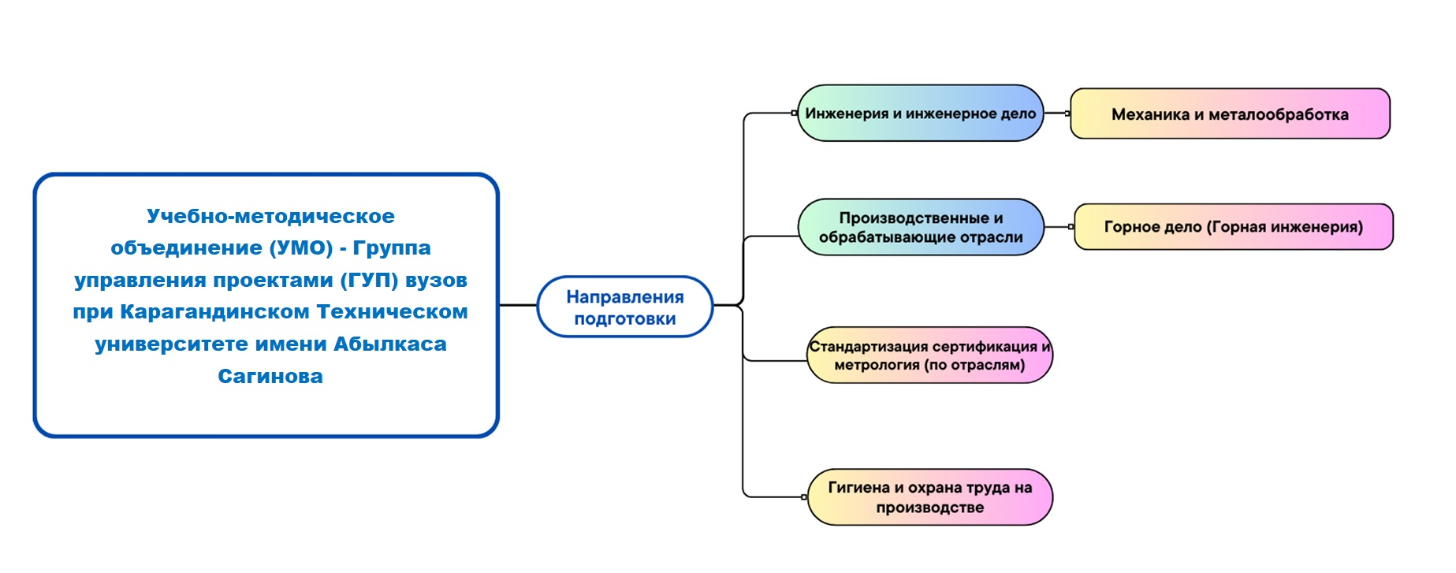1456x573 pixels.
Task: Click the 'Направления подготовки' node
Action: coord(625,307)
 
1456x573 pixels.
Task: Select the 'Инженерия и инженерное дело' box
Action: coord(920,113)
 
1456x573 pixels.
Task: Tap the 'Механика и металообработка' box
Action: coord(1230,114)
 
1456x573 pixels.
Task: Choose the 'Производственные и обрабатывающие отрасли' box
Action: coord(921,227)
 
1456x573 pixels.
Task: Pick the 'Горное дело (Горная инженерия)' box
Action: coord(1234,227)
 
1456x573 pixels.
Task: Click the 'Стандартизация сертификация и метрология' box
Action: coord(929,355)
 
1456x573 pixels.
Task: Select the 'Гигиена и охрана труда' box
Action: coord(930,497)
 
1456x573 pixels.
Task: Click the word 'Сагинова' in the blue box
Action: coord(270,377)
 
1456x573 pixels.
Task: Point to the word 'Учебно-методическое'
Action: coord(270,217)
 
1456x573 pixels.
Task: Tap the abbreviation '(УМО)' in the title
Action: coord(301,248)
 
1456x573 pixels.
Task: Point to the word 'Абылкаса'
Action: coord(390,344)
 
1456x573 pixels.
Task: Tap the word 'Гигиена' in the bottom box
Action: coord(858,488)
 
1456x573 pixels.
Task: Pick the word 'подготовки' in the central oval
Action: coord(625,319)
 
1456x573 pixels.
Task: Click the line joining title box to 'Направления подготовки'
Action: coord(518,305)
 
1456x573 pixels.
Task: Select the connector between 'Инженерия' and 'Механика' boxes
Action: coord(1057,113)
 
